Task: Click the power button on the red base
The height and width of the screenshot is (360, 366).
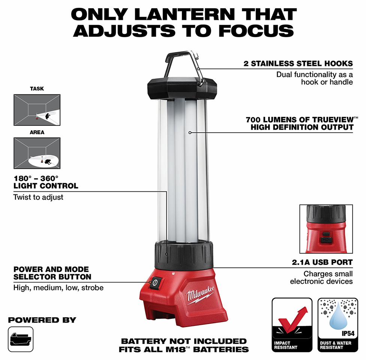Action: (155, 283)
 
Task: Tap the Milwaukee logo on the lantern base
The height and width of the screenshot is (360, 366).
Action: (200, 294)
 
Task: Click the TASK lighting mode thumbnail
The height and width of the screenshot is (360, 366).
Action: (37, 110)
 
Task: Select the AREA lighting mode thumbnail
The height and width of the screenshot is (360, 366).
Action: (37, 153)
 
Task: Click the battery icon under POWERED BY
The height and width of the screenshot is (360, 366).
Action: (21, 339)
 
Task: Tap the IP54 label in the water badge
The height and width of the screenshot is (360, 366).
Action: (348, 334)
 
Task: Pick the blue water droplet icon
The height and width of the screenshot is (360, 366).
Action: (338, 316)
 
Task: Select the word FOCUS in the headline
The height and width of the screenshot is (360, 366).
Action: (256, 31)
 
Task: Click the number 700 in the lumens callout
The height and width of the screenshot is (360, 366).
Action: (253, 120)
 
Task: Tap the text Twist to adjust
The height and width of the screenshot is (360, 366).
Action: (38, 197)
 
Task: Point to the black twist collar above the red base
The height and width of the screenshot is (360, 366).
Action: (184, 255)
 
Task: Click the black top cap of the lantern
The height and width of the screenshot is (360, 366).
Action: (182, 88)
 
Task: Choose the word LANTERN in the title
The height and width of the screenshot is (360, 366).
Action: (184, 15)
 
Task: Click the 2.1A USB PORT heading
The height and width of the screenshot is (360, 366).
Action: (322, 262)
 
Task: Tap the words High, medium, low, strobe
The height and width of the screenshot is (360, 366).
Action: (58, 288)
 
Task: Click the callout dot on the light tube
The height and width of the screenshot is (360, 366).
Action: (190, 133)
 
